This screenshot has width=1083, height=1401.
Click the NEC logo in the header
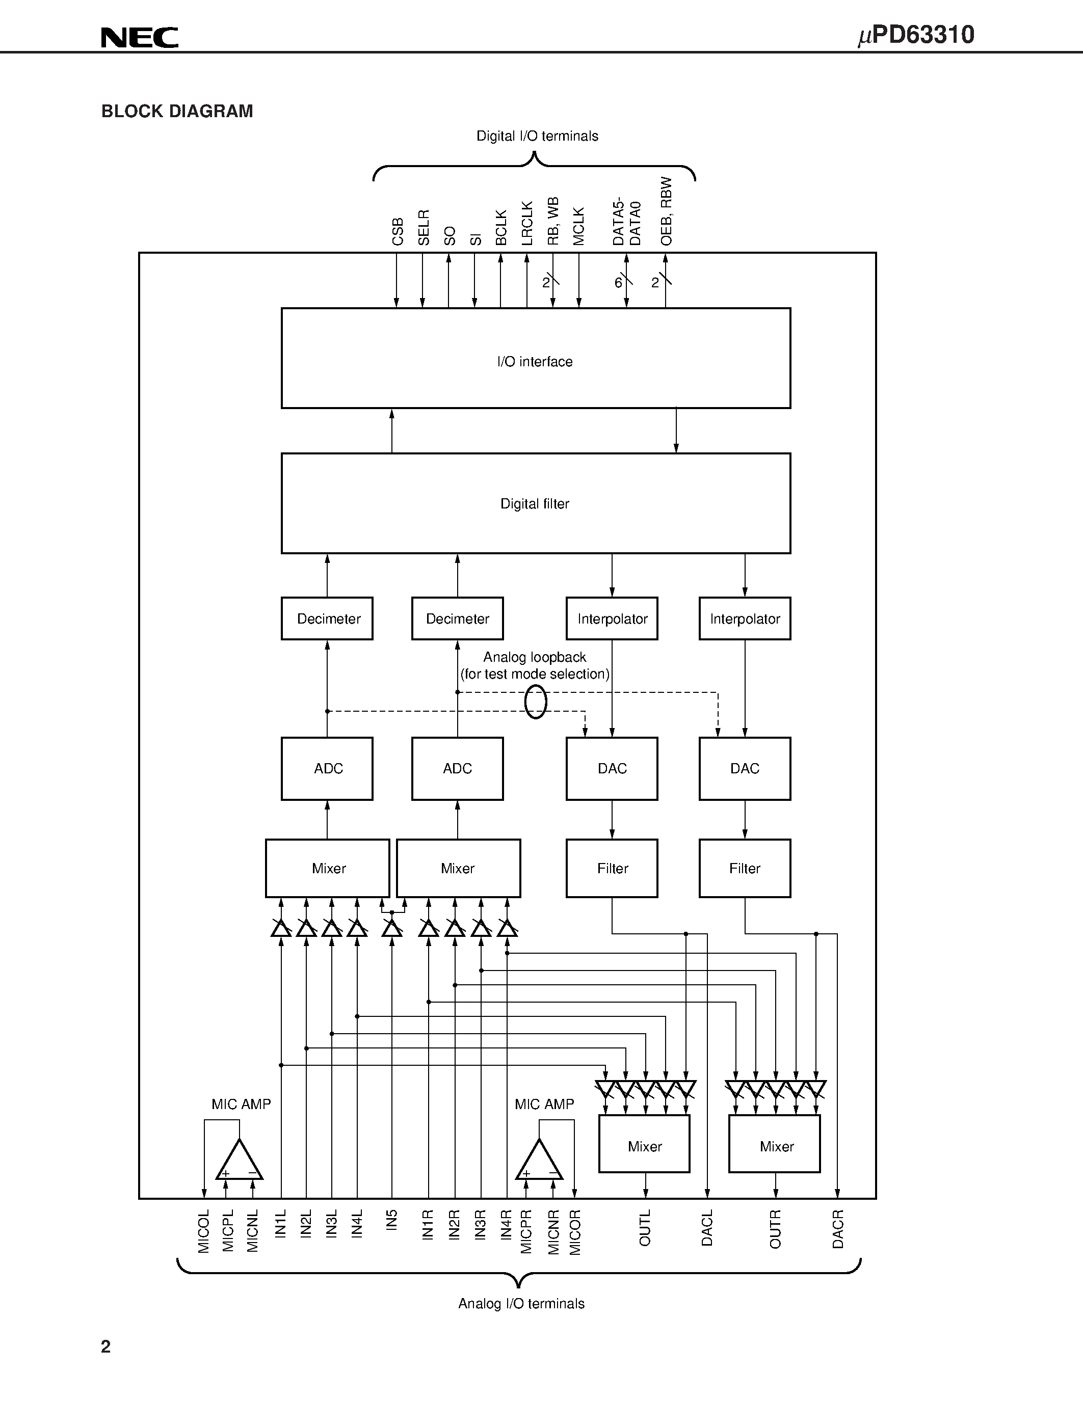(x=139, y=38)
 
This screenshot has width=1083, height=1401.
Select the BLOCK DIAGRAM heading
(x=177, y=112)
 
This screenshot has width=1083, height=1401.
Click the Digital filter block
(x=535, y=503)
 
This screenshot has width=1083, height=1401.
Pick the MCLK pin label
(x=579, y=226)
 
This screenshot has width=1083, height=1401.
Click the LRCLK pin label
(x=527, y=223)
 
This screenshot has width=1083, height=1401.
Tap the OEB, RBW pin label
(x=666, y=211)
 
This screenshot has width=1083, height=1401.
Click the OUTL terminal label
(x=645, y=1228)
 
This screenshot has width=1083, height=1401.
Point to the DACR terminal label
(x=838, y=1229)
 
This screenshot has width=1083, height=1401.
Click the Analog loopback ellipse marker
(x=535, y=701)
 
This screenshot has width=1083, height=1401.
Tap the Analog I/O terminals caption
(x=521, y=1304)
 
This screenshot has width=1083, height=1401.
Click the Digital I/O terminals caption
(x=537, y=136)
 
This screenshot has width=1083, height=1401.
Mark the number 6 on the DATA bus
(x=618, y=283)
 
